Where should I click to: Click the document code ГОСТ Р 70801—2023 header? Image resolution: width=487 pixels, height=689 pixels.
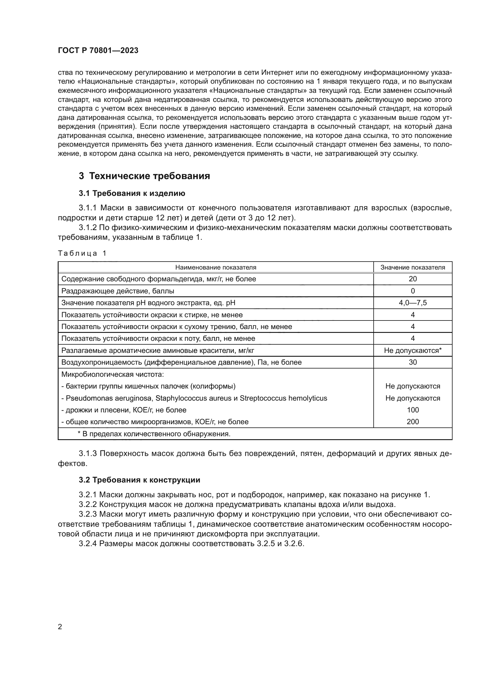(x=98, y=50)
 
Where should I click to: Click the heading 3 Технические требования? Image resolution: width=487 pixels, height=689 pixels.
(x=144, y=176)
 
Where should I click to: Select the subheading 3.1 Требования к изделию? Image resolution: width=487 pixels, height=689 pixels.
(x=132, y=193)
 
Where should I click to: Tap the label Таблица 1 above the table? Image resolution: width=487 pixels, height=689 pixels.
(x=82, y=253)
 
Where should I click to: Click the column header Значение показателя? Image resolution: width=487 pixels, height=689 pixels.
(x=413, y=267)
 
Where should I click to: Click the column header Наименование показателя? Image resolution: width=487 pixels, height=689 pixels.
(x=216, y=267)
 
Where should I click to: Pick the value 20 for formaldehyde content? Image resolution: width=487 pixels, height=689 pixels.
(x=413, y=279)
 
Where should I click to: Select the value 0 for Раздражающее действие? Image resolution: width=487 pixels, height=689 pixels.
(x=413, y=291)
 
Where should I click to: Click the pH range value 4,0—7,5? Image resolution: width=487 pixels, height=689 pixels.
(x=413, y=303)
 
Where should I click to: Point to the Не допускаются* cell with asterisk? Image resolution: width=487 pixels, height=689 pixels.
(x=413, y=351)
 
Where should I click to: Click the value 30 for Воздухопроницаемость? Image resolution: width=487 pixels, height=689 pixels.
(x=413, y=362)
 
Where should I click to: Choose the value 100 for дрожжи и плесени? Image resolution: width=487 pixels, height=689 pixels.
(x=413, y=410)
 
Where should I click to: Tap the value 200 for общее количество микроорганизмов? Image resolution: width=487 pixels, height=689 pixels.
(x=413, y=422)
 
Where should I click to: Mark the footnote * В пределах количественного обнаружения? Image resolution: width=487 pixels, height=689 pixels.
(x=154, y=434)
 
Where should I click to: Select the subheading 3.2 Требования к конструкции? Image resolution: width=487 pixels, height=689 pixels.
(x=140, y=480)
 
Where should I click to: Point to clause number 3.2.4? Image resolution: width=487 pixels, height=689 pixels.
(x=87, y=544)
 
